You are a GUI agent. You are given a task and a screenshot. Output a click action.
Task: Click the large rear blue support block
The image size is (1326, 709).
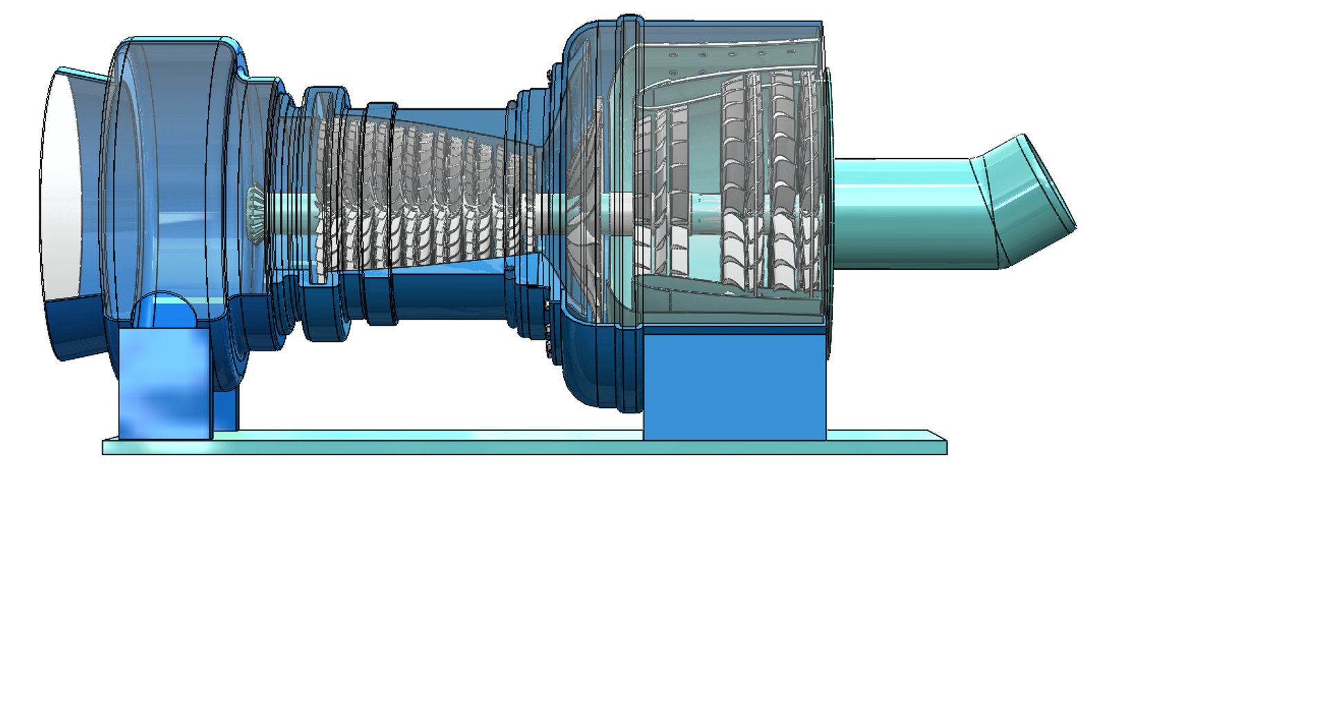pyautogui.click(x=734, y=387)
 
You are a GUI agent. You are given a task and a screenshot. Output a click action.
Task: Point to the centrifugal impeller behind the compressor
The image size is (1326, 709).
pyautogui.click(x=580, y=207)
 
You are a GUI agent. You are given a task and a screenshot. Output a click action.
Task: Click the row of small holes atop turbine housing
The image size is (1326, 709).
pyautogui.click(x=718, y=54)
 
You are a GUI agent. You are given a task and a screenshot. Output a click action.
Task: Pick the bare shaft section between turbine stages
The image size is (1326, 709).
pyautogui.click(x=704, y=207)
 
